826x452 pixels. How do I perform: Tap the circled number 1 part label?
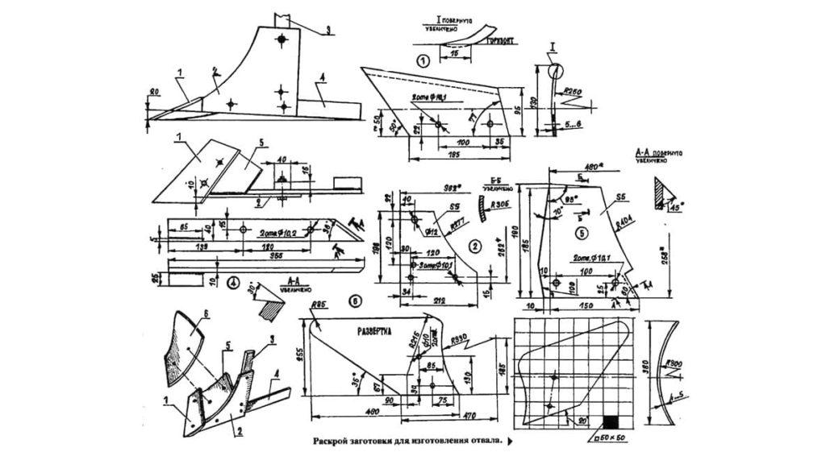click(422, 60)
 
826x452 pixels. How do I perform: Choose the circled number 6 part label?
click(357, 300)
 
